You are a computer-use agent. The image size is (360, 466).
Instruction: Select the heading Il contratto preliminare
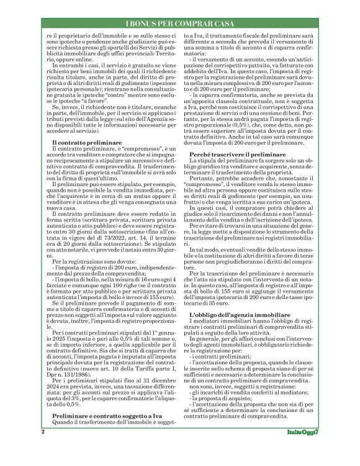point(88,143)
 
